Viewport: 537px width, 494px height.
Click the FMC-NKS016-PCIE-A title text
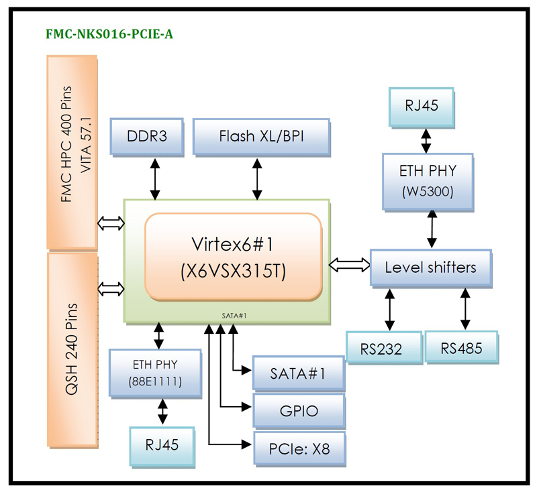click(x=109, y=34)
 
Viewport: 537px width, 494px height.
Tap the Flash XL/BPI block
click(x=262, y=137)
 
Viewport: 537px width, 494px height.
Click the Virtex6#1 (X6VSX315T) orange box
click(x=234, y=257)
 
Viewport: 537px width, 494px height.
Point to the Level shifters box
click(x=430, y=267)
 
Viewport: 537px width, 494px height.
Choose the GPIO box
click(x=298, y=410)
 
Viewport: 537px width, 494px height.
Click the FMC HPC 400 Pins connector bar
click(x=71, y=152)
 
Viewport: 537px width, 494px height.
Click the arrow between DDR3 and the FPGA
click(x=156, y=178)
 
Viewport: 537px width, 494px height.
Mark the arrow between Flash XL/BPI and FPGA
click(x=256, y=178)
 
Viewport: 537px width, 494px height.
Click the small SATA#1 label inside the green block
click(x=230, y=314)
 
